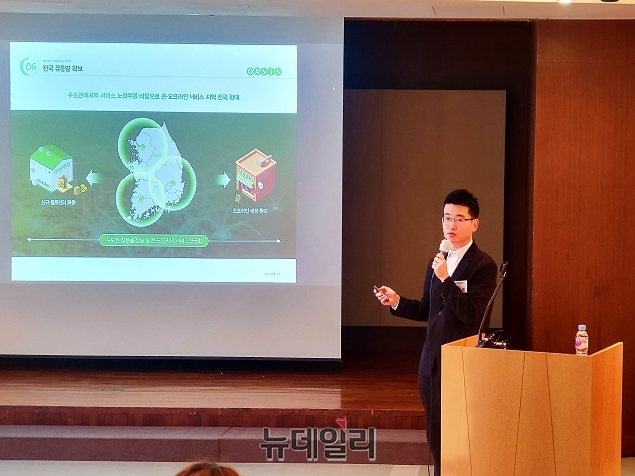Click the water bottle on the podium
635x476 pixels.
(581, 340)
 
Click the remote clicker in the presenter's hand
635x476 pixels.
(379, 291)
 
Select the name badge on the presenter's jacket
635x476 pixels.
(460, 286)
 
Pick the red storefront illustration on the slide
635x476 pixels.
(254, 175)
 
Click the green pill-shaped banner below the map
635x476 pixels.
(155, 240)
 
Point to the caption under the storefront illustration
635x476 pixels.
(254, 211)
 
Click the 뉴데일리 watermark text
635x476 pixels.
(318, 441)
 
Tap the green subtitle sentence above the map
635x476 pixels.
(155, 98)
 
